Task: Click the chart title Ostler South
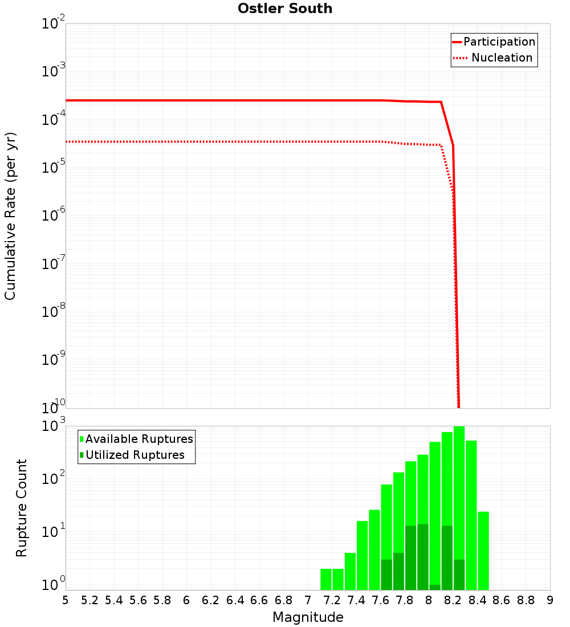285,9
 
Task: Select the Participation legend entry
499,42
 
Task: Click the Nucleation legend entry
502,58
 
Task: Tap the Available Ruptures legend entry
139,439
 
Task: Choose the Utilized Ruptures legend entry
135,455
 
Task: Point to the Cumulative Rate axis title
10,216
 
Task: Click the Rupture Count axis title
22,508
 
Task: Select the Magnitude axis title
308,617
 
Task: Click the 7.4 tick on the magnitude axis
356,600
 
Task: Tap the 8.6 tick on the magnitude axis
502,600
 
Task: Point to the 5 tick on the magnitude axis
66,600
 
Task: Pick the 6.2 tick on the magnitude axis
211,600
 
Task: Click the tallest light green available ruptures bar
459,507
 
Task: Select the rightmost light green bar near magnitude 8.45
483,550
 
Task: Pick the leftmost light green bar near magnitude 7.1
326,579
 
